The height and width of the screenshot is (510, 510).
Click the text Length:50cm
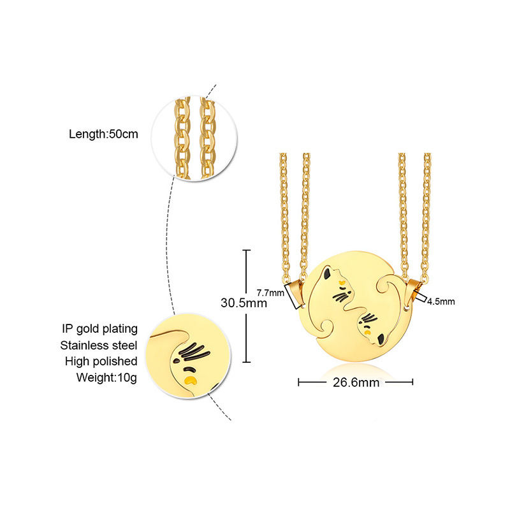pyautogui.click(x=103, y=135)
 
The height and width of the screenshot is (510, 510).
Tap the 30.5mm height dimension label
pyautogui.click(x=244, y=303)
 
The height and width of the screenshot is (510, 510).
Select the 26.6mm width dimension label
pyautogui.click(x=355, y=382)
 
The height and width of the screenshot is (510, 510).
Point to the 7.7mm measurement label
pyautogui.click(x=270, y=293)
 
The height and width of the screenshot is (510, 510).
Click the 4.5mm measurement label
pyautogui.click(x=441, y=302)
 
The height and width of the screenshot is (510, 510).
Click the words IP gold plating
pyautogui.click(x=99, y=329)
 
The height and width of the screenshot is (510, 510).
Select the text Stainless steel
pyautogui.click(x=99, y=346)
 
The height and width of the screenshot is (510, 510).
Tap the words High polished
pyautogui.click(x=101, y=361)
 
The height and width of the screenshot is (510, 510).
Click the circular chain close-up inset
pyautogui.click(x=194, y=138)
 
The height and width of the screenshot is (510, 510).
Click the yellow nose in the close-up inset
pyautogui.click(x=191, y=381)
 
